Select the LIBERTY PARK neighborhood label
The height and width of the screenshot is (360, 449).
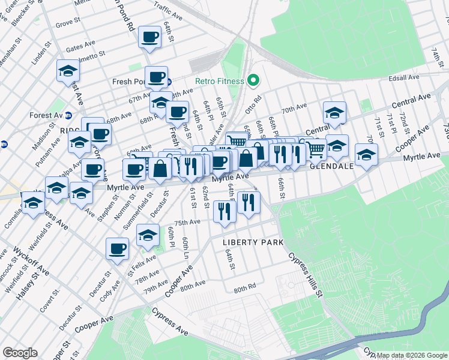[x=253, y=242]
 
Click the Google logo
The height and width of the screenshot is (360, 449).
[x=20, y=353]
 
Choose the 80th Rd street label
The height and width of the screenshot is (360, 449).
[x=245, y=289]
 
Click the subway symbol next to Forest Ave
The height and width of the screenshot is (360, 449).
[x=68, y=115]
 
